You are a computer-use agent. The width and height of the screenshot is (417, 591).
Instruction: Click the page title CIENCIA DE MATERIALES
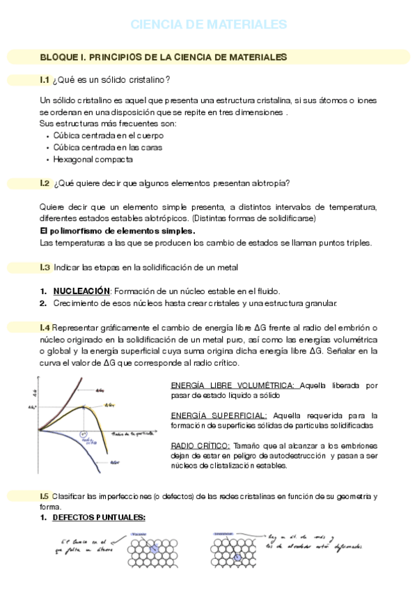(x=208, y=24)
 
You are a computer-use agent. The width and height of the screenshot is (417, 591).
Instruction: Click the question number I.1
(x=45, y=79)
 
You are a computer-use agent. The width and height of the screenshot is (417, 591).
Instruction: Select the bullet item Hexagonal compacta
(x=83, y=159)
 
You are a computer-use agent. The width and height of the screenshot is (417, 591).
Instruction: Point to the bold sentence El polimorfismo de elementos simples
(x=118, y=231)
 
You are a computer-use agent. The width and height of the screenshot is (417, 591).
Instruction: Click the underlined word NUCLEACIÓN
(x=81, y=291)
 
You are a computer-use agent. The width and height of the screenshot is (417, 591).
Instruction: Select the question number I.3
(x=45, y=267)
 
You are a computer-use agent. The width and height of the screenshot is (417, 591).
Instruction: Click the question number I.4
(x=45, y=328)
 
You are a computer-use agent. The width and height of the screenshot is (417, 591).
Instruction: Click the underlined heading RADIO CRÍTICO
(x=199, y=445)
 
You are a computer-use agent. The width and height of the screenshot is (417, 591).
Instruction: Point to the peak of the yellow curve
(x=84, y=406)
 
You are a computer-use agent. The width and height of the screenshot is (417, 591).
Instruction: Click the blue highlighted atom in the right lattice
(x=237, y=558)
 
